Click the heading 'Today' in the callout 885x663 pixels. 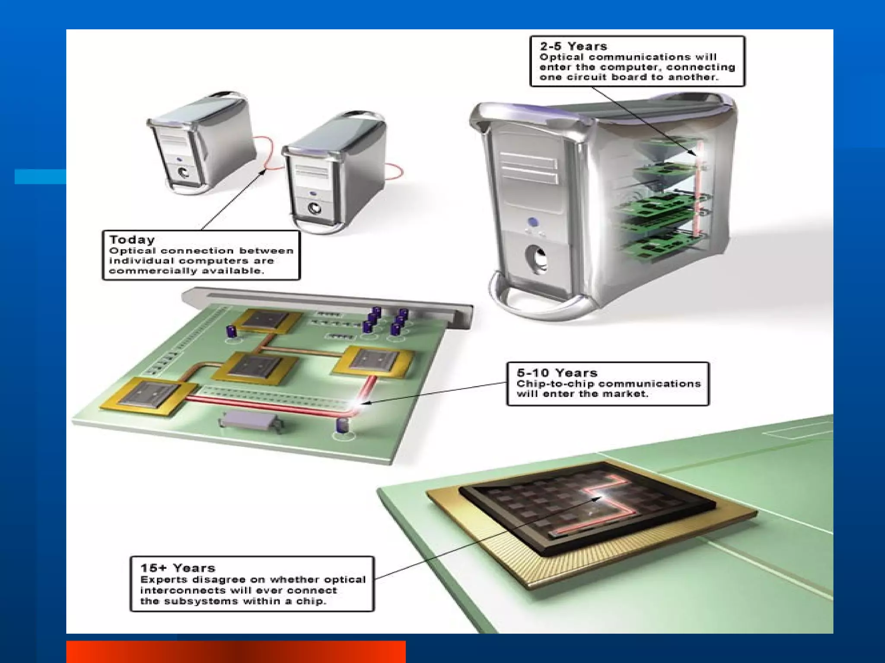132,240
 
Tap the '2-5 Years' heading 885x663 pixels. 573,46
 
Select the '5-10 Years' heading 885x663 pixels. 557,373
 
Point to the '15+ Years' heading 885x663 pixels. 178,568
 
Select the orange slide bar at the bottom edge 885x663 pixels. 236,652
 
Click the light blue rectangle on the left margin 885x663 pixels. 40,177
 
